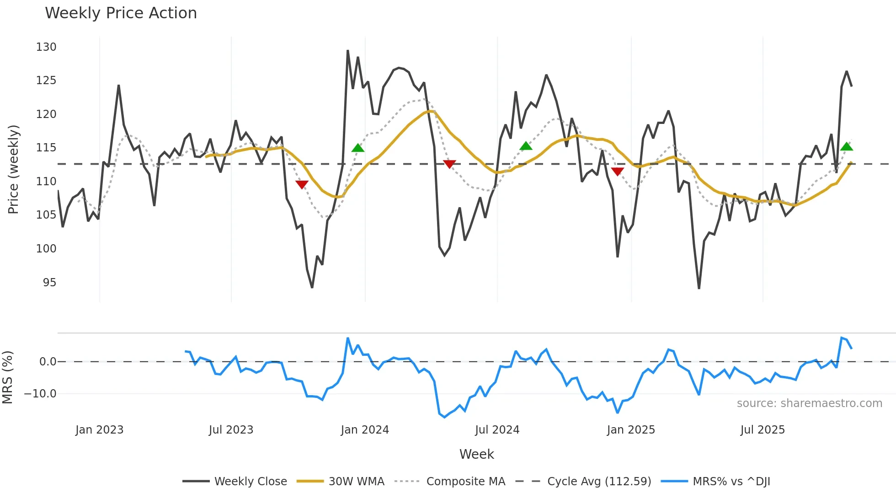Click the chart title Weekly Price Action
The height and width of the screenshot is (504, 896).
[x=121, y=13]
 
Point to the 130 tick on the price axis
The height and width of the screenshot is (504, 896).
[x=46, y=47]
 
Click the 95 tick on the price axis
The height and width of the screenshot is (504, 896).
[x=49, y=283]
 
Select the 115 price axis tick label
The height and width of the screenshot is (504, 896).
[x=46, y=148]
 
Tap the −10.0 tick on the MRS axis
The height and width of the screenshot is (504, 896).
[x=40, y=394]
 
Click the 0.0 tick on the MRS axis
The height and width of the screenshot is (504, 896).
[x=48, y=362]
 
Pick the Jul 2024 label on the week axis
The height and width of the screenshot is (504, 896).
[x=497, y=430]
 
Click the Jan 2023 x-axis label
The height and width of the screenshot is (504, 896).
[x=99, y=430]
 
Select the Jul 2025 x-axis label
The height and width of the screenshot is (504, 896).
[x=762, y=430]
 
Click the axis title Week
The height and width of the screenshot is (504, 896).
[x=476, y=454]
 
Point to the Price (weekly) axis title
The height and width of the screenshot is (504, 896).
[x=13, y=169]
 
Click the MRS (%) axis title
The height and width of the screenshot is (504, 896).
[x=8, y=377]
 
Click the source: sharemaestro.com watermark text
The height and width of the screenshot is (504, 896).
[x=809, y=403]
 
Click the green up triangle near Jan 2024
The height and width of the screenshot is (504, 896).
[x=358, y=148]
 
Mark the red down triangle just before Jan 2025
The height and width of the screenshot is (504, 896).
[x=617, y=172]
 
